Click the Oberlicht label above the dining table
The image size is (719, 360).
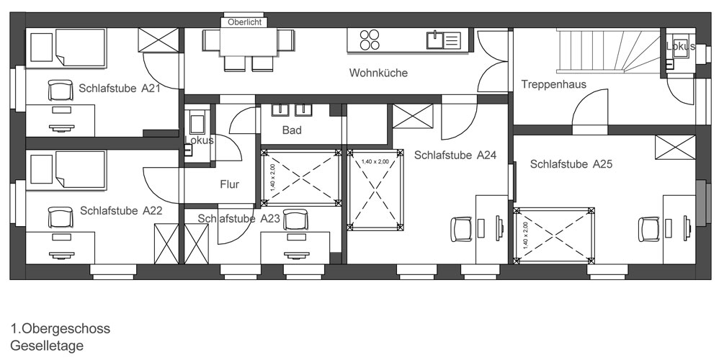click(244, 22)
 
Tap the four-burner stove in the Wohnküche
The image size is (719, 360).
click(370, 40)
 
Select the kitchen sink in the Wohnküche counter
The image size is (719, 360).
click(443, 40)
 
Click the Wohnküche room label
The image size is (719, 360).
click(378, 73)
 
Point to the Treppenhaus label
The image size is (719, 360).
click(553, 84)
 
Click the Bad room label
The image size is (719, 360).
click(292, 130)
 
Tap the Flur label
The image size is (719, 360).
click(229, 184)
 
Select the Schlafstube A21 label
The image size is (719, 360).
click(119, 89)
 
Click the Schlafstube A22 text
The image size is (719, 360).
click(121, 211)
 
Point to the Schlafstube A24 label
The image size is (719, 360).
click(455, 156)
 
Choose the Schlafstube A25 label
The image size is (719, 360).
click(571, 164)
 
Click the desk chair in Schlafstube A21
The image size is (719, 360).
click(61, 90)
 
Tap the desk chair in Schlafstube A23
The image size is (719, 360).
click(295, 220)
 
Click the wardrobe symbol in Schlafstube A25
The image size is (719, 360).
click(676, 148)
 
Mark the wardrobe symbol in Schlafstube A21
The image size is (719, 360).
click(158, 40)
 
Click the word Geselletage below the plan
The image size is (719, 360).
click(47, 346)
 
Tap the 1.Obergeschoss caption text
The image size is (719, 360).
click(61, 328)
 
